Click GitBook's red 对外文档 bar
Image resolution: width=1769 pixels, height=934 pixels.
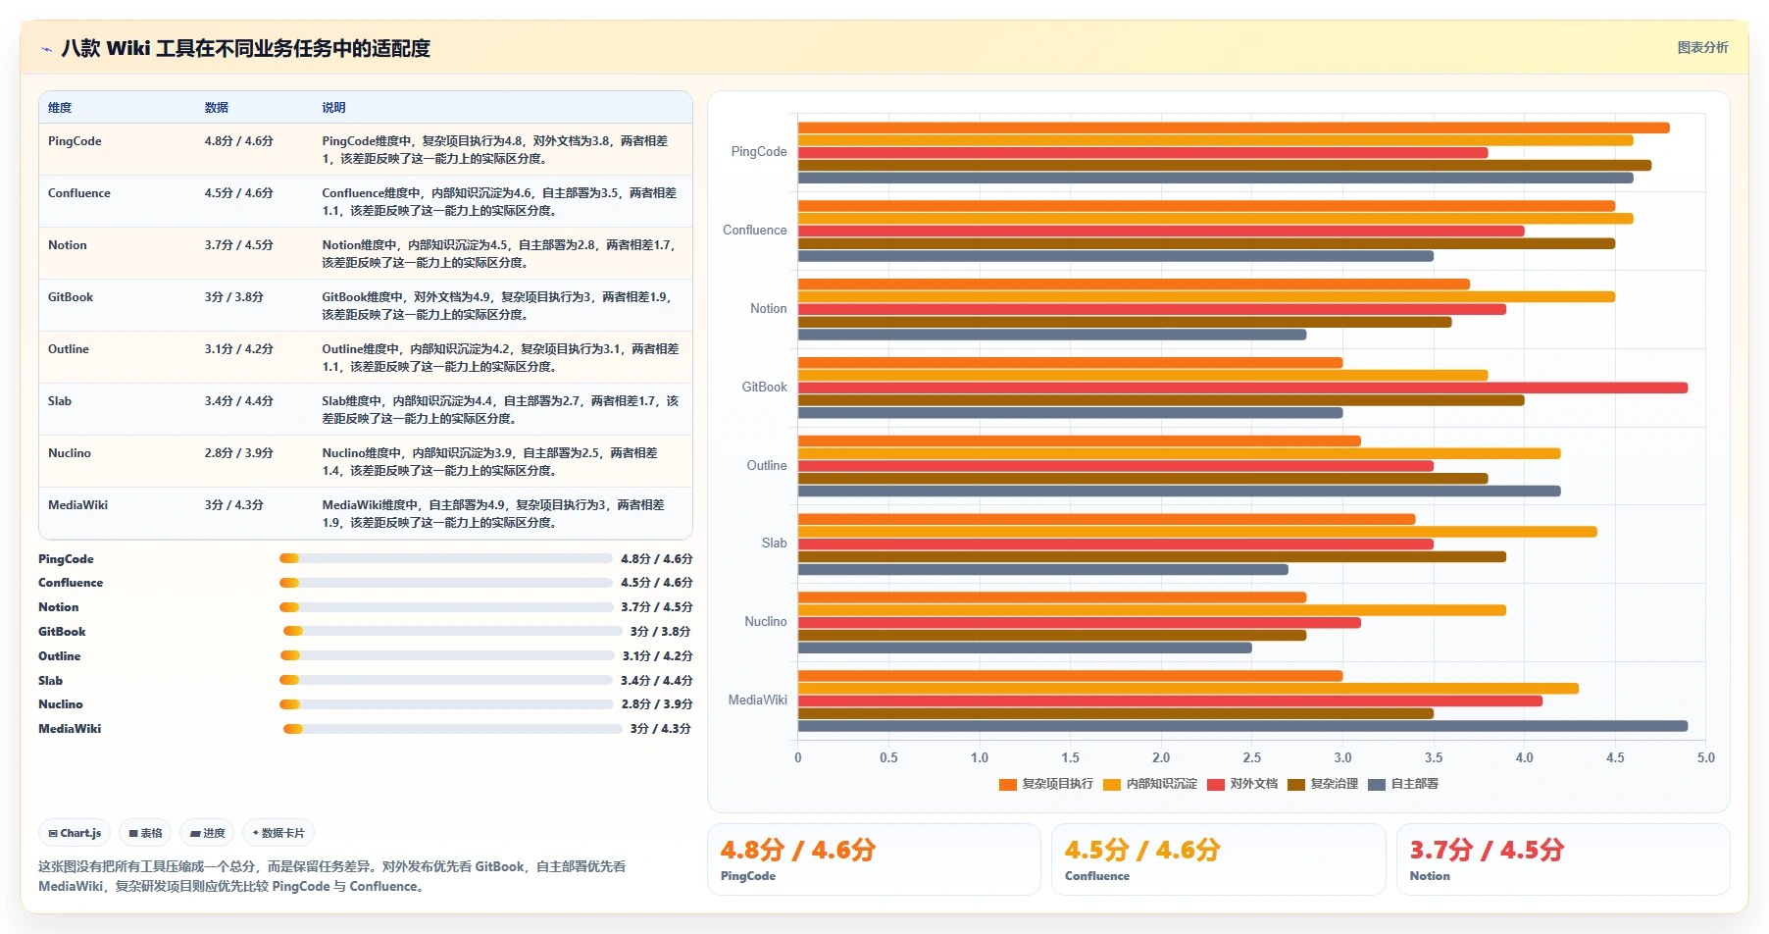(x=1242, y=388)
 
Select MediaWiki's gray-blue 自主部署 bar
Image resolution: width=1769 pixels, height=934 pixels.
(x=1242, y=726)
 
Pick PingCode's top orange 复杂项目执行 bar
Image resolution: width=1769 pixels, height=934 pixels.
(x=1234, y=128)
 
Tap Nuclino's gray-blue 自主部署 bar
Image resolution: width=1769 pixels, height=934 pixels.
(x=1025, y=648)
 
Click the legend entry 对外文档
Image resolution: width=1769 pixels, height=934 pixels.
(x=1242, y=784)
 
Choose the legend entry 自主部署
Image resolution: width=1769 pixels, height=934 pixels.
(x=1403, y=784)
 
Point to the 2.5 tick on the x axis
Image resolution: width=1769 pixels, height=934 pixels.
(x=1252, y=757)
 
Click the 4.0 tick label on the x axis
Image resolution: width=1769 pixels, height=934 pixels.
(x=1525, y=757)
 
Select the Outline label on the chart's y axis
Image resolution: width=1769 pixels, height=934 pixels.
(x=767, y=465)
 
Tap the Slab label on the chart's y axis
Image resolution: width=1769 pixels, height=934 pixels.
(x=775, y=543)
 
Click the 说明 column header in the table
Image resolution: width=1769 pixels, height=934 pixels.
(x=333, y=108)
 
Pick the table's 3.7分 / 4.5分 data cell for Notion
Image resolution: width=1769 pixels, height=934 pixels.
(x=239, y=245)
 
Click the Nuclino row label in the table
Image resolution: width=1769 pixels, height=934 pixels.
(x=70, y=453)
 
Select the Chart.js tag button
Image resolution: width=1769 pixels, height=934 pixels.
(x=75, y=833)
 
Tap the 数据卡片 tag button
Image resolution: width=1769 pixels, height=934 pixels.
(x=278, y=833)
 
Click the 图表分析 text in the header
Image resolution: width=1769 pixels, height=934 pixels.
(x=1702, y=47)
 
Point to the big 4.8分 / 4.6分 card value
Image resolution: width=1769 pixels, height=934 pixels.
(x=797, y=850)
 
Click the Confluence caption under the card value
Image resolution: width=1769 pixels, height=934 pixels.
(x=1097, y=876)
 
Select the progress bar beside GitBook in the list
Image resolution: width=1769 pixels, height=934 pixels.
(x=452, y=632)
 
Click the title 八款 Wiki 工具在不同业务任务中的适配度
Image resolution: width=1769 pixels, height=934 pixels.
(x=246, y=48)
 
